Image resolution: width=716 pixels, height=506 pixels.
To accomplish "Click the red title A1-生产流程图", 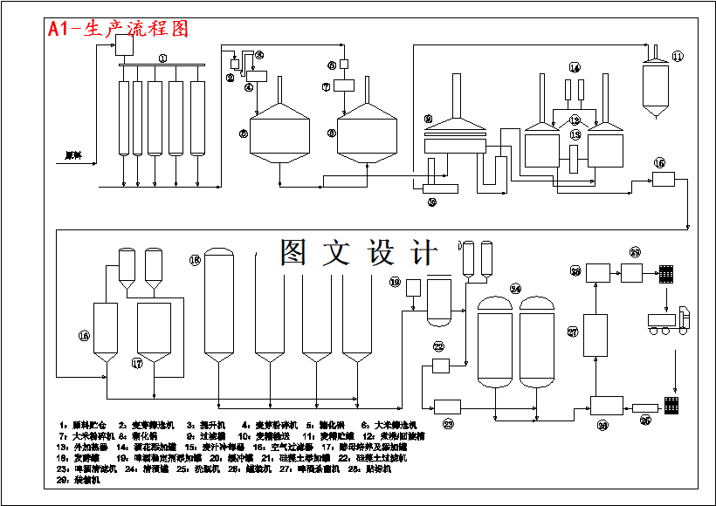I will click(x=119, y=29).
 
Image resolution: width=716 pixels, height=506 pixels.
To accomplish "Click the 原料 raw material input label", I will click(x=72, y=155).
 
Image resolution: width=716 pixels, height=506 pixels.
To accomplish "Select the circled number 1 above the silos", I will click(x=162, y=58).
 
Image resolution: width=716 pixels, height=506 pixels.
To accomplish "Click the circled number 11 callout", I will click(x=678, y=57).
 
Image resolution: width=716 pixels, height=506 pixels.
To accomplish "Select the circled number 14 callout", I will click(x=575, y=67).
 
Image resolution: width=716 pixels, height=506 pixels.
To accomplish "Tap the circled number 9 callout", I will click(x=428, y=119).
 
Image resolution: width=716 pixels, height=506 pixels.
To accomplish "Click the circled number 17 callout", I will click(x=136, y=362).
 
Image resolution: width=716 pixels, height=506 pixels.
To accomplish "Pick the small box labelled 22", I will click(x=440, y=365).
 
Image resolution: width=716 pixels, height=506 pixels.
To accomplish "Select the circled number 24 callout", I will click(x=515, y=288).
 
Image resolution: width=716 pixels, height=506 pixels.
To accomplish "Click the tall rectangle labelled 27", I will click(x=596, y=335).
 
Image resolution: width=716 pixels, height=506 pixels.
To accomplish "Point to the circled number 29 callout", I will click(x=635, y=252).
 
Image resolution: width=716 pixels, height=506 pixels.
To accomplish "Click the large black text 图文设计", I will click(x=358, y=253).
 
